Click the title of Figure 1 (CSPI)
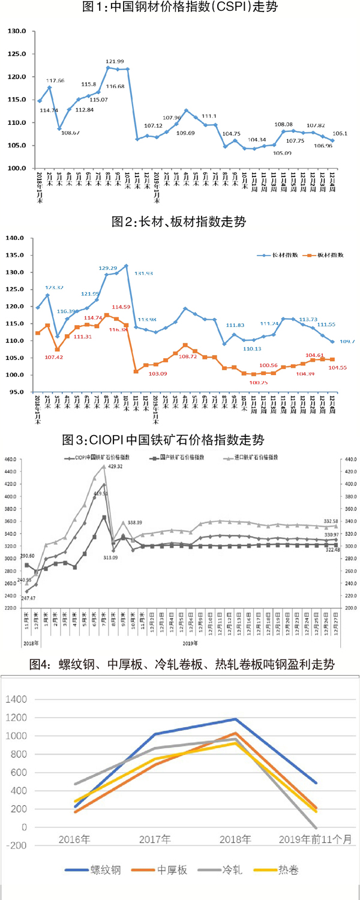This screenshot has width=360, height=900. [180, 8]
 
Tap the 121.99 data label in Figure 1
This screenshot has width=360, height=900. [115, 61]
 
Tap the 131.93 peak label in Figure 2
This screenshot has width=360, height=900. [142, 273]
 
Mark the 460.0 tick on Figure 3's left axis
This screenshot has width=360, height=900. [13, 460]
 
